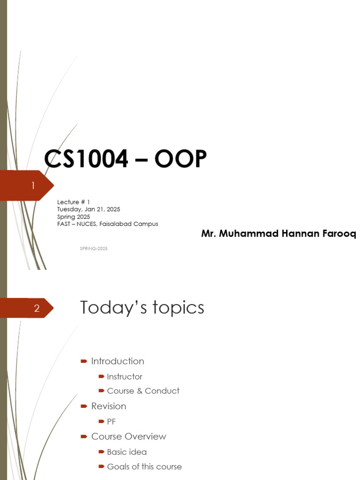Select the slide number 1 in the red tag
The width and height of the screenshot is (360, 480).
pyautogui.click(x=33, y=186)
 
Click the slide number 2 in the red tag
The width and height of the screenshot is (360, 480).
pyautogui.click(x=37, y=308)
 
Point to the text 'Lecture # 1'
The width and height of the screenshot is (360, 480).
pyautogui.click(x=73, y=202)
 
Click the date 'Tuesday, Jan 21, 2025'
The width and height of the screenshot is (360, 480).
pyautogui.click(x=89, y=209)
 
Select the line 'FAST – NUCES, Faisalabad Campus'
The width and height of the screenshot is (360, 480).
pyautogui.click(x=107, y=224)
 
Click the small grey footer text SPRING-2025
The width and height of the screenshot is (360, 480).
pyautogui.click(x=94, y=248)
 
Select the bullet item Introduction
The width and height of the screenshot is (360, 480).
pyautogui.click(x=118, y=361)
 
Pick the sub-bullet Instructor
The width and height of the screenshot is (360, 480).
pyautogui.click(x=124, y=376)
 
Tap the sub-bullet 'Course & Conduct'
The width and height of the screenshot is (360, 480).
pyautogui.click(x=143, y=391)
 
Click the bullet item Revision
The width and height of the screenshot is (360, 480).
pyautogui.click(x=108, y=406)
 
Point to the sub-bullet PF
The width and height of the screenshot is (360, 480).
pyautogui.click(x=111, y=421)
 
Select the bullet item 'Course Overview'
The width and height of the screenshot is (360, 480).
pyautogui.click(x=128, y=436)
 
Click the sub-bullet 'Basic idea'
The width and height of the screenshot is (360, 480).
pyautogui.click(x=127, y=452)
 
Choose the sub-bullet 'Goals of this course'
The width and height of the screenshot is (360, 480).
pyautogui.click(x=144, y=467)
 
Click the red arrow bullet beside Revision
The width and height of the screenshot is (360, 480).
pyautogui.click(x=84, y=406)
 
